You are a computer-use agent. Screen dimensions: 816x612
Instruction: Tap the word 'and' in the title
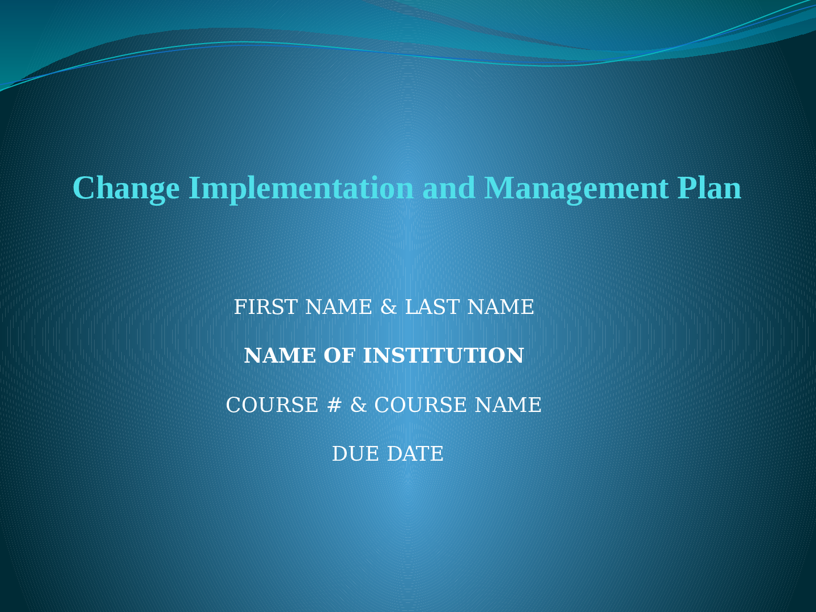point(449,188)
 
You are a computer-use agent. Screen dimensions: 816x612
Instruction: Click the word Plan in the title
point(709,188)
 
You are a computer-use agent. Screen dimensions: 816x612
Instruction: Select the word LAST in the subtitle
point(432,307)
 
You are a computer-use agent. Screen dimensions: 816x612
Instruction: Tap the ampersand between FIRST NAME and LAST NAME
point(389,307)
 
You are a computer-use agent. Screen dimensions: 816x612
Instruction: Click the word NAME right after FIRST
point(338,307)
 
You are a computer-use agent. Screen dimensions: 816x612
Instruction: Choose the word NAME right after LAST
point(501,307)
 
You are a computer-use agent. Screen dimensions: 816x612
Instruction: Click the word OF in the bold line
point(339,356)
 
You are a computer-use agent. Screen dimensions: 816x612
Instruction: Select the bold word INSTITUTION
point(444,356)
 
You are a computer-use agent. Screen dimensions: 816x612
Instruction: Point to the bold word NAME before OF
point(280,356)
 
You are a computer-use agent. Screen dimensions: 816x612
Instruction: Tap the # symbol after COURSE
point(334,405)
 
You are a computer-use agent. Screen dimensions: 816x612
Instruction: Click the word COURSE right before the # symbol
point(272,405)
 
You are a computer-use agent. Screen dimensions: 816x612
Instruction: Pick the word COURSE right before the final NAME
point(420,405)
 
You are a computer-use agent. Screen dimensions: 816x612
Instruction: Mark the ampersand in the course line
point(358,405)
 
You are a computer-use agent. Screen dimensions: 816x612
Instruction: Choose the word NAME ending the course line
point(508,405)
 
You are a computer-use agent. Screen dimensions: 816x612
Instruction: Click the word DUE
point(355,454)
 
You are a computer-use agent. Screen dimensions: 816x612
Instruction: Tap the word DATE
point(415,454)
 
